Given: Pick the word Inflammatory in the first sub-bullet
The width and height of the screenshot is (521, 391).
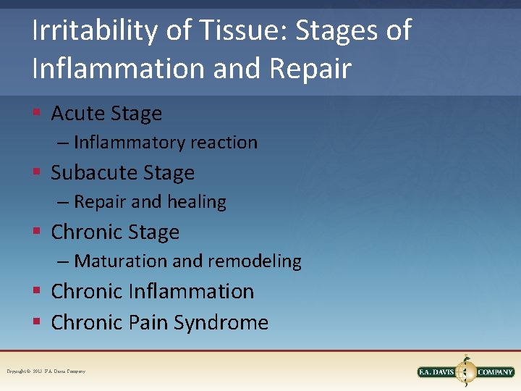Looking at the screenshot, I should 130,143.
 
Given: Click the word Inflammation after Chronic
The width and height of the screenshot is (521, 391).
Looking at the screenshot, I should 191,292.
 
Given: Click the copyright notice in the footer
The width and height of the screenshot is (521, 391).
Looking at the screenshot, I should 46,371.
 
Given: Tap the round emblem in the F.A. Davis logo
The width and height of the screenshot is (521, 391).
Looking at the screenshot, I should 465,372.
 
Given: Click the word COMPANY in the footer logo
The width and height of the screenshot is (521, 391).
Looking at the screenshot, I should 496,372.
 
